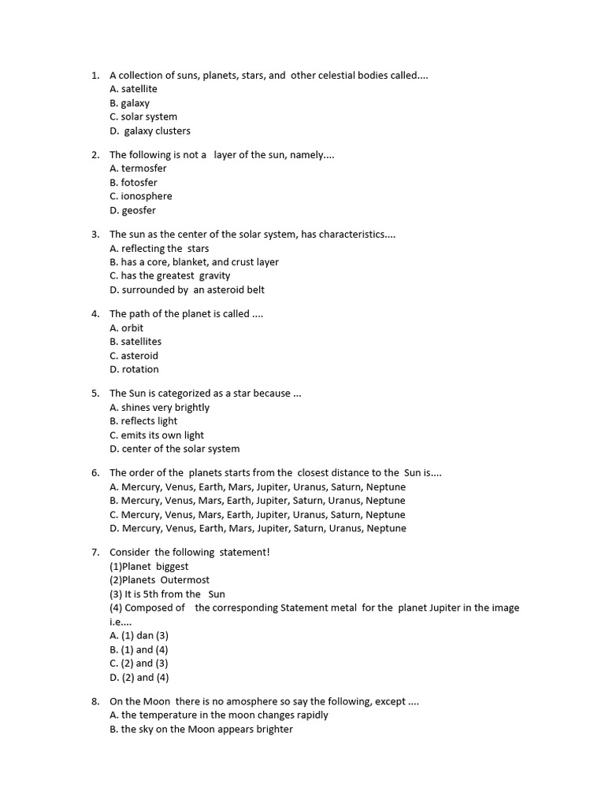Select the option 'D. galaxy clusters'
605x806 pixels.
click(150, 131)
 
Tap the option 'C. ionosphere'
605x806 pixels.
click(140, 196)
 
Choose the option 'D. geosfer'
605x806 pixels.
click(132, 210)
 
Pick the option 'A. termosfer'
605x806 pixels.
click(138, 168)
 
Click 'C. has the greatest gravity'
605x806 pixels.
click(170, 275)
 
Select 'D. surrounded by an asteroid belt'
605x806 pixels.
click(187, 290)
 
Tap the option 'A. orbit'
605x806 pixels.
click(127, 327)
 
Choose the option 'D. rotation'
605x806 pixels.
click(134, 369)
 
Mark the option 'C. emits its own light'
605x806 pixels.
click(157, 435)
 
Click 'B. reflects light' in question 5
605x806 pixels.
click(143, 421)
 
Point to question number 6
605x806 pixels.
click(95, 473)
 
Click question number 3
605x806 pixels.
click(95, 235)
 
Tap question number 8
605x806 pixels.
click(95, 701)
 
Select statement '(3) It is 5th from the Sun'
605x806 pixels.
click(167, 594)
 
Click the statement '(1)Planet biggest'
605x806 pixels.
click(149, 567)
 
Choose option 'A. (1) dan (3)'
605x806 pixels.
click(139, 635)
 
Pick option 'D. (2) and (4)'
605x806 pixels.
click(139, 678)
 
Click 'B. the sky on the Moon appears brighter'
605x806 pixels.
click(201, 730)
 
